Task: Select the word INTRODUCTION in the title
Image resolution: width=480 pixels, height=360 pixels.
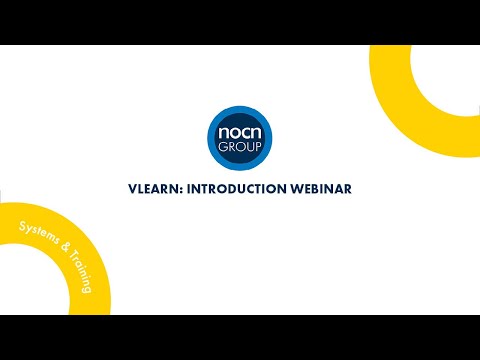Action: pyautogui.click(x=244, y=187)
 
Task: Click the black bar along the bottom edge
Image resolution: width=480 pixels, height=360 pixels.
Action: pyautogui.click(x=240, y=337)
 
